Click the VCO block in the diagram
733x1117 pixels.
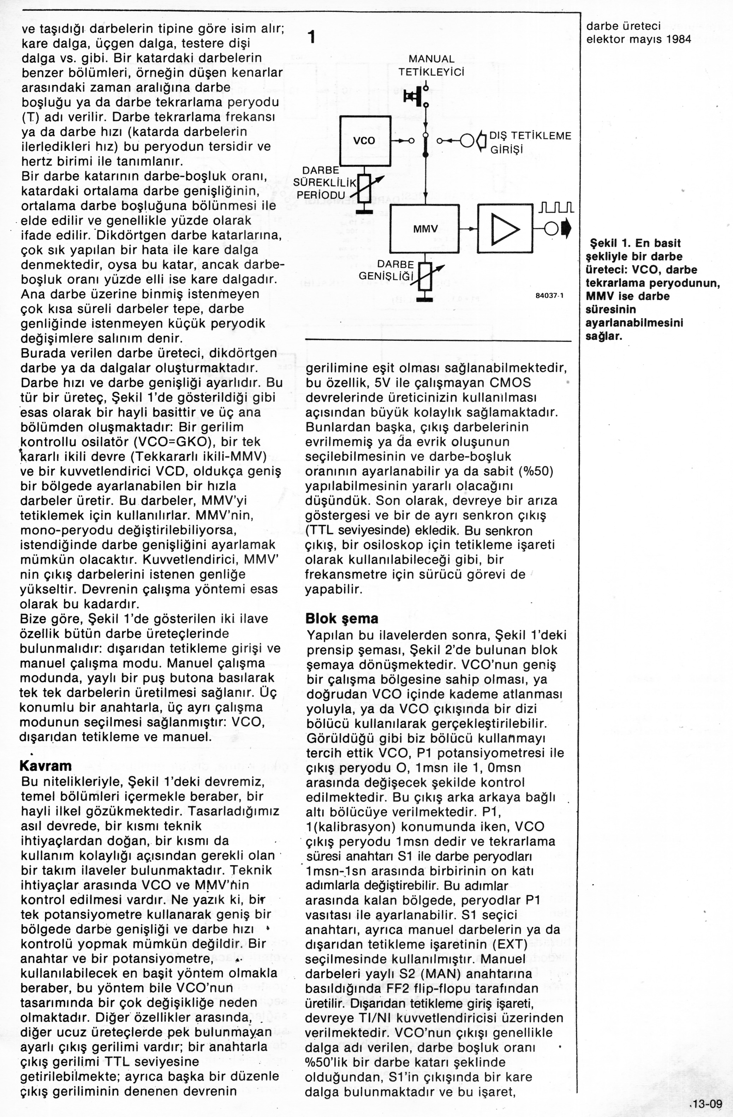click(365, 140)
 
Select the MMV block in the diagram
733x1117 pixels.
click(424, 229)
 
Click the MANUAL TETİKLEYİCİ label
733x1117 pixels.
click(431, 66)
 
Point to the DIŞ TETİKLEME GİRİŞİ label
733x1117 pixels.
click(530, 143)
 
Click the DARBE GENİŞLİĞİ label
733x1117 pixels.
click(387, 270)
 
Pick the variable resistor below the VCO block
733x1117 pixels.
click(365, 187)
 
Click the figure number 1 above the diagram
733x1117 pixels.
click(311, 37)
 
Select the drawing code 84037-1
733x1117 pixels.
click(549, 296)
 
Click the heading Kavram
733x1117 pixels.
click(46, 766)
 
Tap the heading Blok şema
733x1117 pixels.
click(341, 618)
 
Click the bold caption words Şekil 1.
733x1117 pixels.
click(610, 243)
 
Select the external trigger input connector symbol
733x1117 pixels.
click(473, 140)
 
